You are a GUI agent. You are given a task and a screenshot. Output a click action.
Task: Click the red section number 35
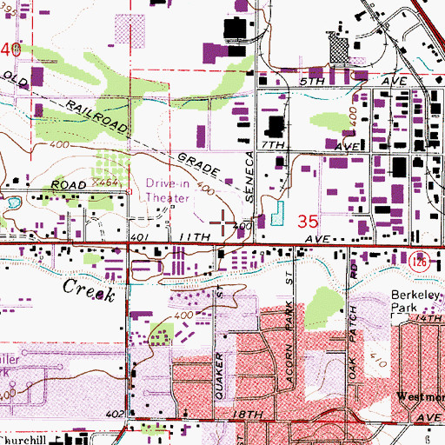[308, 222]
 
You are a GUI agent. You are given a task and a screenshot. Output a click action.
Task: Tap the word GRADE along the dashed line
[198, 169]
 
